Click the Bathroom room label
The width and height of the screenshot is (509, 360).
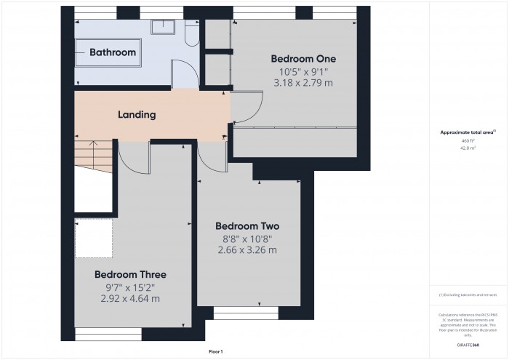[112, 52]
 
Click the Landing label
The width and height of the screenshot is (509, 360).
[136, 114]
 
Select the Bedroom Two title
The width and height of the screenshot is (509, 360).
[247, 226]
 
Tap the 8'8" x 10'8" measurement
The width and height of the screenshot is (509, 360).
[247, 239]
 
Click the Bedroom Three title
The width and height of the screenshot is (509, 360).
[130, 274]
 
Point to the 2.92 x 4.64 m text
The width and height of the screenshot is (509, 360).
[130, 298]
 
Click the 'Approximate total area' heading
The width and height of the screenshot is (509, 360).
[467, 132]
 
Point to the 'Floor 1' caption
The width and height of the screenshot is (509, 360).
[216, 351]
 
